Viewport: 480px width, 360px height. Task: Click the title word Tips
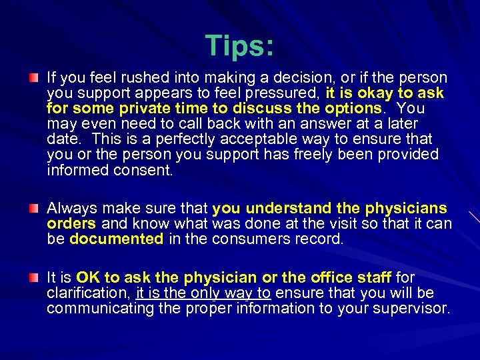pos(239,45)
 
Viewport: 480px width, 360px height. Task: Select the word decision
pos(278,78)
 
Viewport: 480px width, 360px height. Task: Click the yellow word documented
pos(117,239)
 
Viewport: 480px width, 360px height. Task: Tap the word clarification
pos(88,293)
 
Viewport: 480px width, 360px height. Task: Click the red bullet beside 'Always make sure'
pos(33,209)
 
